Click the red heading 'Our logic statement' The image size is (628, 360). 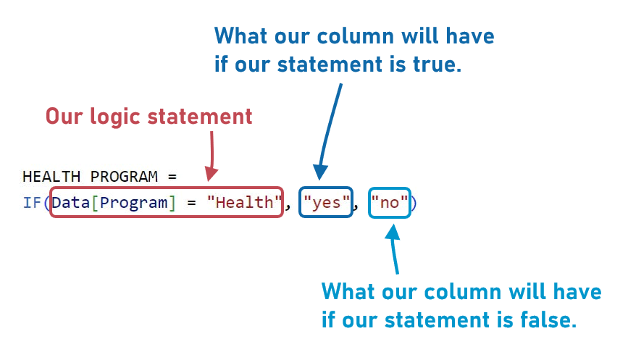click(x=149, y=116)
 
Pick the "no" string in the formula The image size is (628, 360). click(x=390, y=203)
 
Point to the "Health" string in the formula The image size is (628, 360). click(x=244, y=203)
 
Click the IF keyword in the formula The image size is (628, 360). click(x=32, y=203)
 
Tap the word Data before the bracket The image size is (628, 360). click(x=70, y=203)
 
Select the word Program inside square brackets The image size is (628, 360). click(x=133, y=203)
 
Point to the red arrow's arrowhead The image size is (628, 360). click(x=210, y=175)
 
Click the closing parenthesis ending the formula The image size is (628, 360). click(x=414, y=203)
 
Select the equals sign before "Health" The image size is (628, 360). click(x=192, y=203)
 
